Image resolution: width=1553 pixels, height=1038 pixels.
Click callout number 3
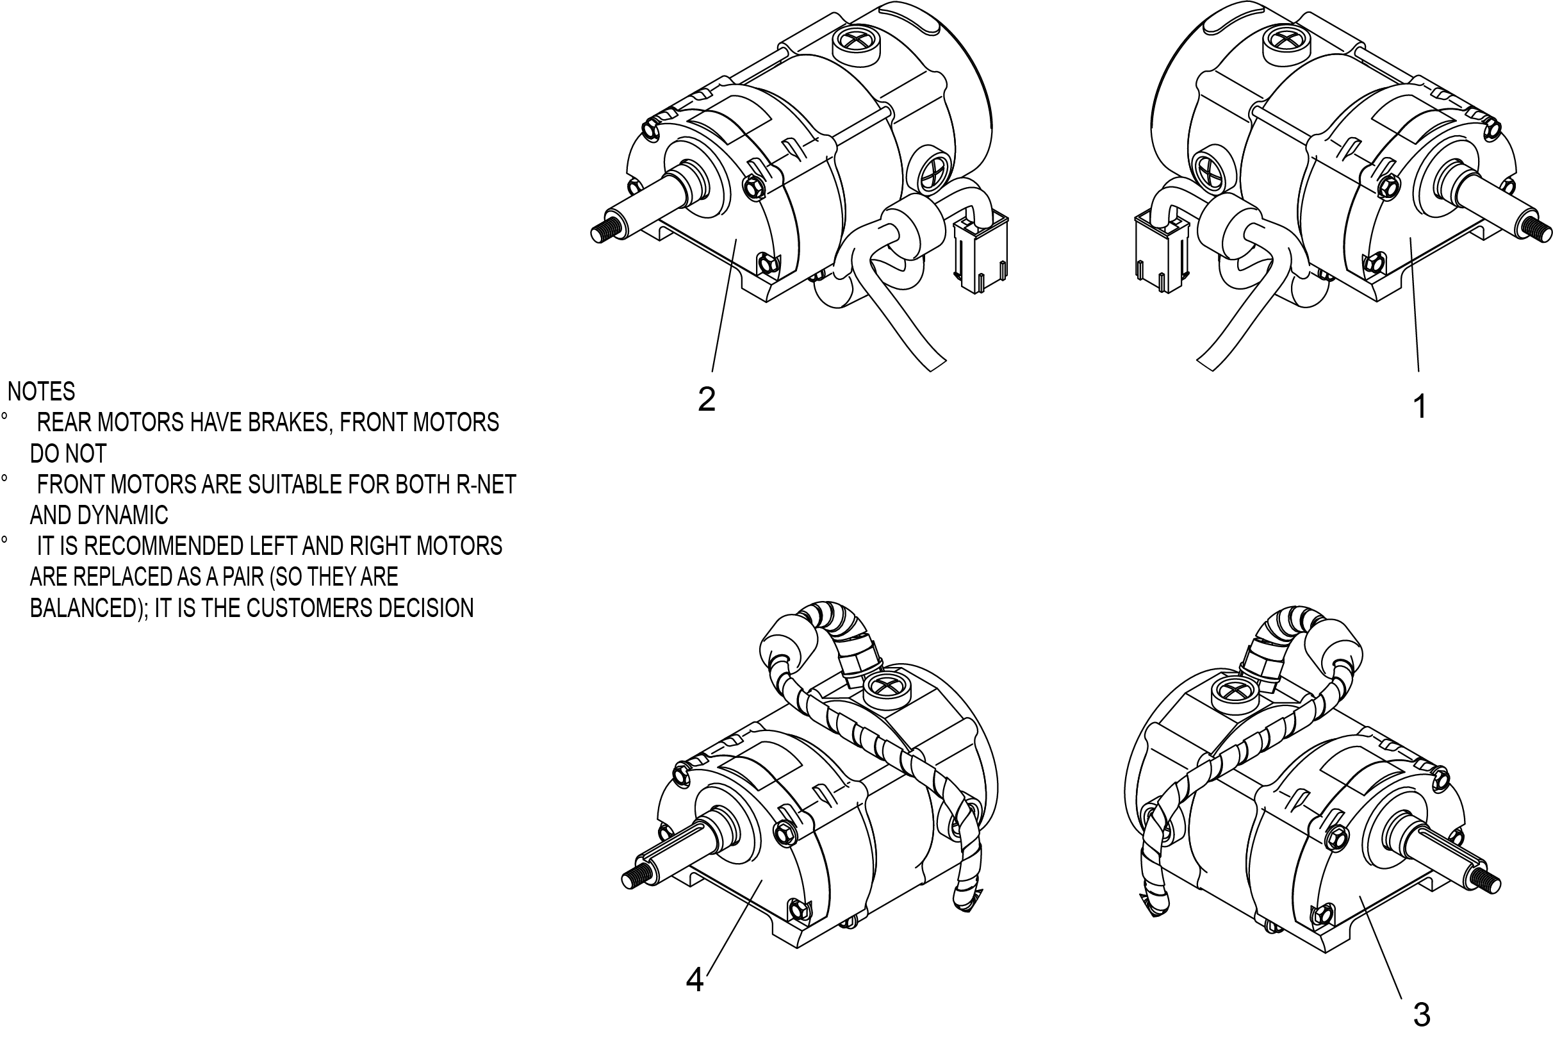1421,1014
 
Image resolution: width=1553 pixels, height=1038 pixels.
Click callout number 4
694,979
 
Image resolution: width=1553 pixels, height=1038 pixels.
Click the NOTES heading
41,391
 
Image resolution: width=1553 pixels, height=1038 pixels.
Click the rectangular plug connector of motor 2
980,255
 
